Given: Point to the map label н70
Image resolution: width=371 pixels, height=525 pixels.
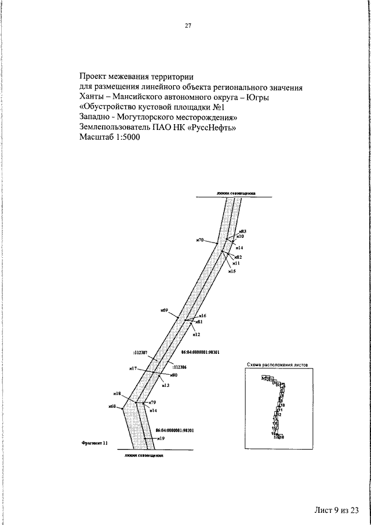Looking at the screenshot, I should coord(200,239).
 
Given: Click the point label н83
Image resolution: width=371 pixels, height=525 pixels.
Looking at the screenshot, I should coord(243,231).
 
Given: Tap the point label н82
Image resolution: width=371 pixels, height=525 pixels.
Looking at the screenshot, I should coord(238,256).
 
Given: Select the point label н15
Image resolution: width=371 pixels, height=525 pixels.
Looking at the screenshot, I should coord(232,271).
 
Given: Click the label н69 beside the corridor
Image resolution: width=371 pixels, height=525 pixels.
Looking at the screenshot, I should coord(164,310).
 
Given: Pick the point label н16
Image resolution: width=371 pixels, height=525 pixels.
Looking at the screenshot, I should coord(203,316).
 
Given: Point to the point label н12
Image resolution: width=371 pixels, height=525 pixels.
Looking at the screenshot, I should coord(197,335).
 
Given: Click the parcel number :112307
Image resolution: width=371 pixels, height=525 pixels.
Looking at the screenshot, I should coord(140,352).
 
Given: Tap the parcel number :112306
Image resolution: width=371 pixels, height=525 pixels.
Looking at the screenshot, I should coord(179,367).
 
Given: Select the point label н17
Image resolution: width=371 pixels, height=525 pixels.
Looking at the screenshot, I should coord(133,368).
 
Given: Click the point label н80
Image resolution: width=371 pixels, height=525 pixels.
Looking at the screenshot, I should coord(173,375).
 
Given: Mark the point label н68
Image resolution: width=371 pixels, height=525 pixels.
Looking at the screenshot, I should coord(112,406).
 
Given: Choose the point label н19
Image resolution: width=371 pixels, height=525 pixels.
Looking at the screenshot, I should coord(161,439).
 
